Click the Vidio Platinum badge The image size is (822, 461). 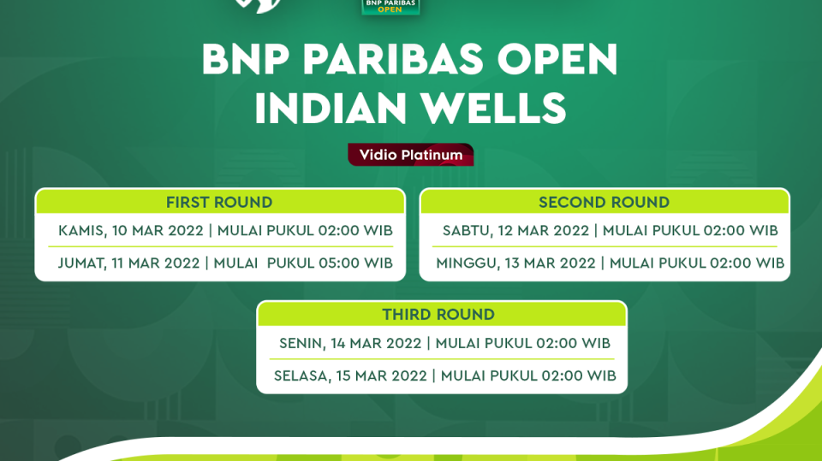point(410,155)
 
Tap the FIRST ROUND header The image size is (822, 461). point(219,203)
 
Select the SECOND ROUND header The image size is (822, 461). point(604,203)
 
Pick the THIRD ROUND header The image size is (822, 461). point(438,315)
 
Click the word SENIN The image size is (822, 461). point(299,343)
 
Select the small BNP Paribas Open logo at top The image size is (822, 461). point(390,7)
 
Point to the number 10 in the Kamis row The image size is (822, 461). point(120,231)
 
